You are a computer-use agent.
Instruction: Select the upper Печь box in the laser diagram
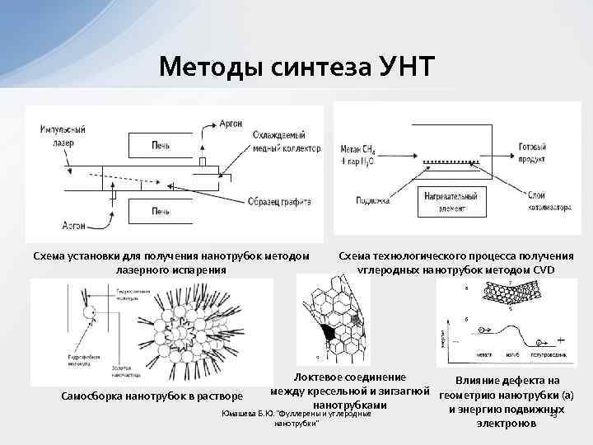coord(161,145)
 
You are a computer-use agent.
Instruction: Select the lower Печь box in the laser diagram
coord(161,212)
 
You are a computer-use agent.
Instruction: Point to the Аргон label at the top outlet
coord(231,123)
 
